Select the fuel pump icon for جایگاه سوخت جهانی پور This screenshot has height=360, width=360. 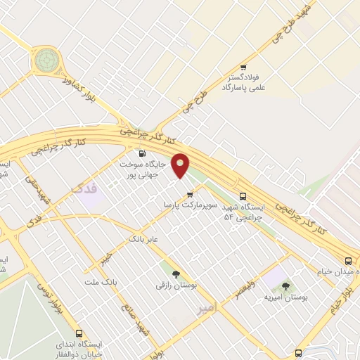tap(142, 153)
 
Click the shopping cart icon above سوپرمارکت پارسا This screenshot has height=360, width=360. tap(188, 194)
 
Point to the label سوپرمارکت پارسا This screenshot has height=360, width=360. tap(187, 205)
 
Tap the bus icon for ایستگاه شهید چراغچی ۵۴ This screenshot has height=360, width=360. tap(243, 196)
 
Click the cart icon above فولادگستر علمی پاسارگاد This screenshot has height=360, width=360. tap(243, 67)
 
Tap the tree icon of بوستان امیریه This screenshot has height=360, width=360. tap(285, 286)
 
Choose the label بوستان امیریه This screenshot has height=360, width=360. tap(282, 297)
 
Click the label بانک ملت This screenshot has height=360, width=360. tap(98, 282)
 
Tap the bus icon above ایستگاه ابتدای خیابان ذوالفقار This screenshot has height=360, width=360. tap(78, 333)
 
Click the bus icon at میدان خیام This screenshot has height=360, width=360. tap(349, 261)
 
